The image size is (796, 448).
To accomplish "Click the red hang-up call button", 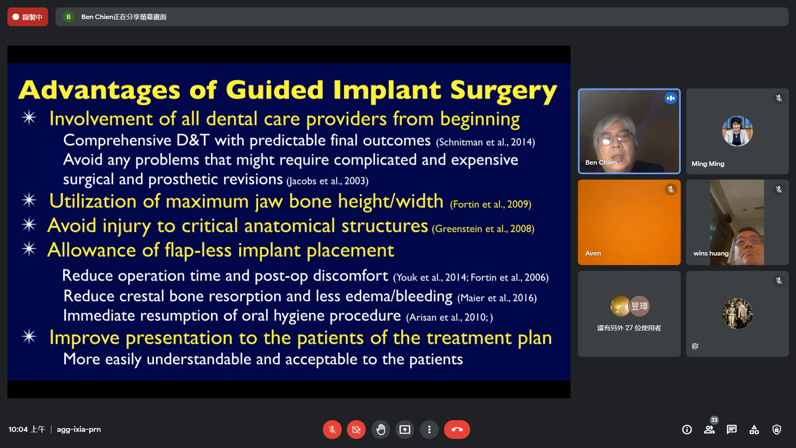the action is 457,429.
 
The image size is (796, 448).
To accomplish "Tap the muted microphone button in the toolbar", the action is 332,429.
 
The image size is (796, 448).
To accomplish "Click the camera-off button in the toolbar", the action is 356,429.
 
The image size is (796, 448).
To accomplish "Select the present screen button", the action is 405,429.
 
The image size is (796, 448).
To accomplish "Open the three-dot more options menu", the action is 429,429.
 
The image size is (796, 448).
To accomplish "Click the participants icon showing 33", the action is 710,429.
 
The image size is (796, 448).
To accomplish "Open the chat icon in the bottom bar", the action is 732,429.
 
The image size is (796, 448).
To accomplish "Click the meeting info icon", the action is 687,429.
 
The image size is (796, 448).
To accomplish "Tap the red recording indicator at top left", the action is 28,17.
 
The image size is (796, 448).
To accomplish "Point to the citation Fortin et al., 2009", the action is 490,204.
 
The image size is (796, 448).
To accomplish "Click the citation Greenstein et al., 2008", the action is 483,229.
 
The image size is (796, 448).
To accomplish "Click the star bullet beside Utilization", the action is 29,200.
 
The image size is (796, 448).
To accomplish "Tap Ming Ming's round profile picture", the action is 737,131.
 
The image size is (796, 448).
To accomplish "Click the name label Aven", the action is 593,253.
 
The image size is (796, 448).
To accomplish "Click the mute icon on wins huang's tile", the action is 779,190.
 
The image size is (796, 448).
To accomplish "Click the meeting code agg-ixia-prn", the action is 79,429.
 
